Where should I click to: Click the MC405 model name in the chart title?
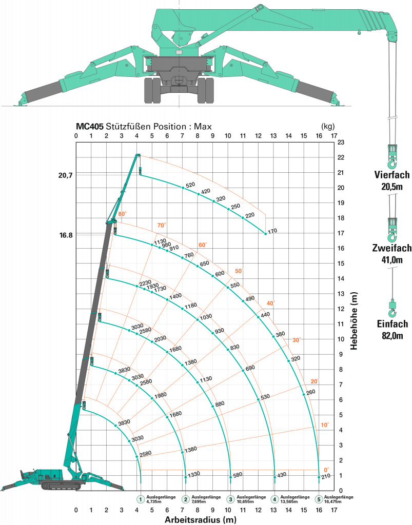click(x=89, y=127)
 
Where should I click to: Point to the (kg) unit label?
click(x=327, y=127)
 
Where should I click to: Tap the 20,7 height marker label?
click(x=65, y=175)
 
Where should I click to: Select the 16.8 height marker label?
click(x=66, y=235)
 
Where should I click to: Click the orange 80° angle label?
click(x=123, y=214)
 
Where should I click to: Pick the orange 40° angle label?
click(x=270, y=304)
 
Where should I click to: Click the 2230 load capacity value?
click(x=145, y=283)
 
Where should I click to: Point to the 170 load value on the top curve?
click(x=272, y=231)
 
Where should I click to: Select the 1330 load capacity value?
click(x=194, y=474)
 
